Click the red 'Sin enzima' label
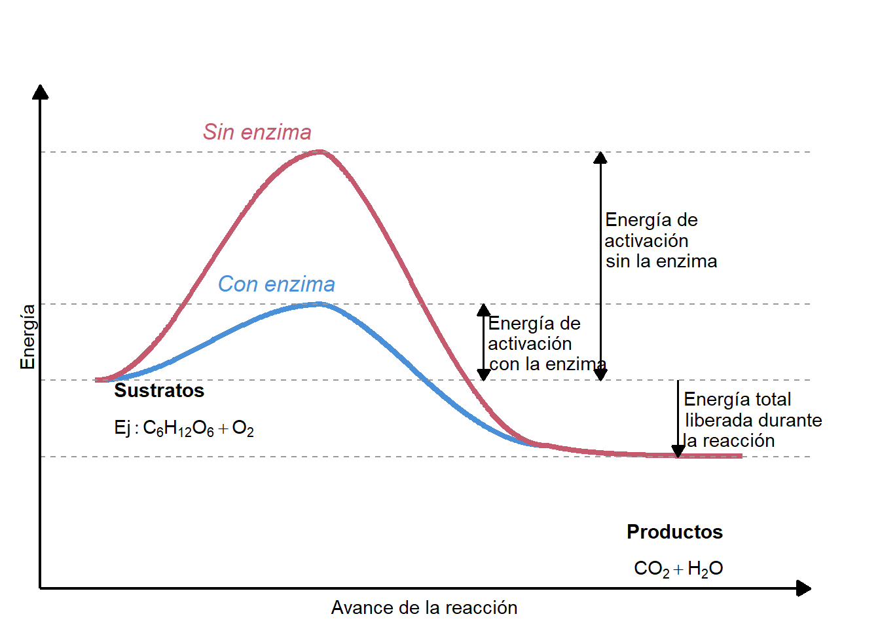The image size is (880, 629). coord(257,132)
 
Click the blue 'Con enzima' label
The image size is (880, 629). coord(276,284)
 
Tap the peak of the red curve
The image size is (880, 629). coord(320,152)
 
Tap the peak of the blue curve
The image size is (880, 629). coord(320,304)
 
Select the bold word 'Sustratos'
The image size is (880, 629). coord(159,391)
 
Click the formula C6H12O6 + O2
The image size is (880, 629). coord(184,429)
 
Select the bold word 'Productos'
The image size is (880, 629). coord(674,532)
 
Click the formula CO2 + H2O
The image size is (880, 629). coord(678,569)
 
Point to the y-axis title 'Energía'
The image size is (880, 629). coord(27,337)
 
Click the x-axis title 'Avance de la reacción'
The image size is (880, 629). coord(424,608)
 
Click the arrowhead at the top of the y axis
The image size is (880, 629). coord(41,92)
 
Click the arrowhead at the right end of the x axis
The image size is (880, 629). coord(804,588)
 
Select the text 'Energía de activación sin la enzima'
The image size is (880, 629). coord(660,240)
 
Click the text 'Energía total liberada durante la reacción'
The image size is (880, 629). coord(752,420)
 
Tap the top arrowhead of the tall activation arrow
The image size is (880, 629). coord(600,157)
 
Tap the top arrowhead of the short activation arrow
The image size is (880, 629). coord(484,310)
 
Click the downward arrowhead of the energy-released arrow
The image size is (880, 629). coord(678,451)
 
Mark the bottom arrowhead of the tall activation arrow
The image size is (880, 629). coord(600,375)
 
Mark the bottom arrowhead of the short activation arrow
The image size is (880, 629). coord(484,375)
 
